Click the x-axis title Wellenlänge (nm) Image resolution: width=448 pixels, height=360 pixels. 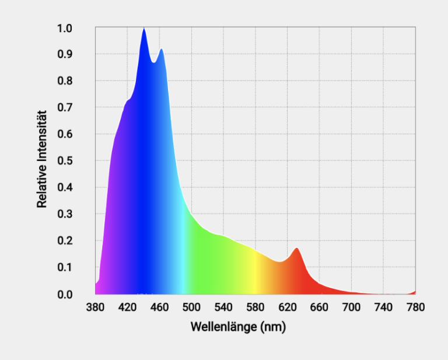[x=238, y=327]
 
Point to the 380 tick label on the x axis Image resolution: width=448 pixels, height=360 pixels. [x=95, y=307]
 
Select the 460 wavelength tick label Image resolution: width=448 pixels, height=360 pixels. [x=159, y=307]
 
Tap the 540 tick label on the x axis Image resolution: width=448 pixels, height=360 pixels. [x=223, y=307]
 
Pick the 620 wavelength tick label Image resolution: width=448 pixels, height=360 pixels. [x=288, y=307]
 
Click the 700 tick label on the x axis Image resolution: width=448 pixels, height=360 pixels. [x=352, y=307]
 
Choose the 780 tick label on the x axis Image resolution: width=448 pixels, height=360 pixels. [x=415, y=307]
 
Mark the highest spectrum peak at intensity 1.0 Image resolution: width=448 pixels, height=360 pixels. [x=143, y=29]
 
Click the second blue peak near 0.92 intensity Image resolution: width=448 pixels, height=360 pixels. [x=161, y=50]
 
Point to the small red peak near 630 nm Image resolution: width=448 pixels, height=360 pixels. [x=296, y=250]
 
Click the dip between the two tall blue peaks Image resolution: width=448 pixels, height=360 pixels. [x=153, y=62]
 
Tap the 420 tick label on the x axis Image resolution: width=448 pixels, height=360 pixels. [x=127, y=307]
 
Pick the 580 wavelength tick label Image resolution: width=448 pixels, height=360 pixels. [x=256, y=307]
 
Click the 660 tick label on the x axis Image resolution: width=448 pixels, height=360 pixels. [x=320, y=307]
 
